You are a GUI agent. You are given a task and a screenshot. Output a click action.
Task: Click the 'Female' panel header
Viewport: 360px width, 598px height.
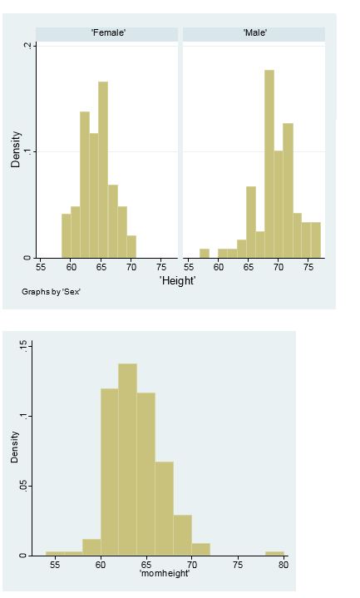(x=107, y=33)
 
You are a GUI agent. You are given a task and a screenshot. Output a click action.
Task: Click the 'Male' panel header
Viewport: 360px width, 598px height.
(x=254, y=33)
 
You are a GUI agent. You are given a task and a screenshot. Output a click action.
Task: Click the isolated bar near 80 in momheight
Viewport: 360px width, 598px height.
(x=274, y=553)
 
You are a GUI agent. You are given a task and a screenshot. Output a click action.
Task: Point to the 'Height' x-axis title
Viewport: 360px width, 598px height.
(x=177, y=281)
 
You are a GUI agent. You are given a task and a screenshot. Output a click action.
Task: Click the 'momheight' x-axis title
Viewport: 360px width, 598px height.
(x=165, y=574)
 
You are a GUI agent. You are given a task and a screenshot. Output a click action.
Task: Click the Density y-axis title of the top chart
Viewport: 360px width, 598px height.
(x=16, y=152)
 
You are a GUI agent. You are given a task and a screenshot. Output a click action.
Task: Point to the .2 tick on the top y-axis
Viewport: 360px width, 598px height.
(x=27, y=46)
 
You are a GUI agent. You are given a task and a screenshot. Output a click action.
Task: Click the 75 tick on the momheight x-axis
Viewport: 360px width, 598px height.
(x=238, y=565)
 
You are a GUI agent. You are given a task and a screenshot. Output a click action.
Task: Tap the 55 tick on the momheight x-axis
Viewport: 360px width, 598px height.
(x=55, y=565)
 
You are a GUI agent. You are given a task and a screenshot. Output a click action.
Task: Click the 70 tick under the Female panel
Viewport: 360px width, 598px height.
(x=131, y=267)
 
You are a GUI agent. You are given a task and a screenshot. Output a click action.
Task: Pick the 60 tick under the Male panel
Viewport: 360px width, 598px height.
(x=219, y=267)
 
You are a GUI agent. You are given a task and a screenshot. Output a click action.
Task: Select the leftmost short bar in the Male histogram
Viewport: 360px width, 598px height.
(x=205, y=253)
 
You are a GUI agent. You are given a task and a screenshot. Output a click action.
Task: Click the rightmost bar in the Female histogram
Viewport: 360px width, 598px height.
(x=131, y=246)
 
